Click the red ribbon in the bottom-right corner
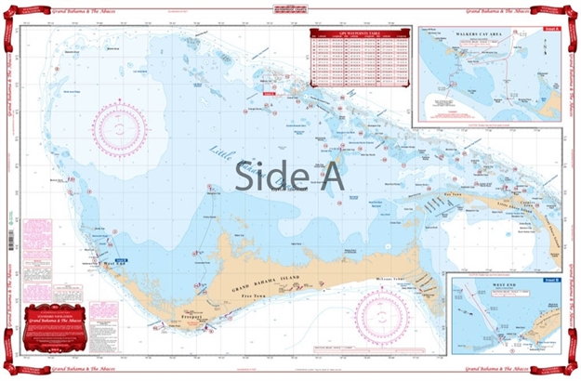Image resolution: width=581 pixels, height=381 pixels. click(564, 363)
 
